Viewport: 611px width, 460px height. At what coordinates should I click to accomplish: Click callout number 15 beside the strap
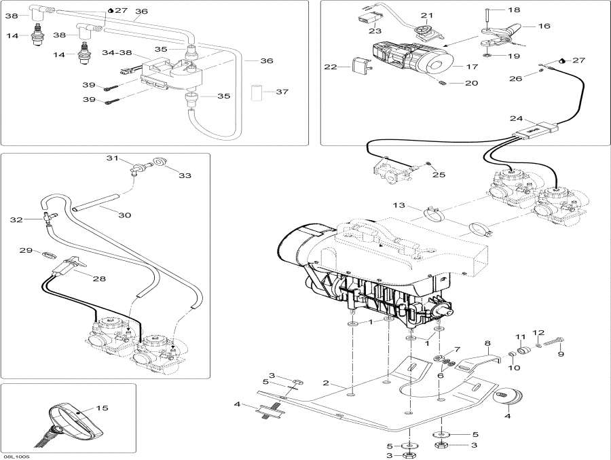point(102,408)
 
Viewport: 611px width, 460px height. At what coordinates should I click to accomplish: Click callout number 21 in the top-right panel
point(426,16)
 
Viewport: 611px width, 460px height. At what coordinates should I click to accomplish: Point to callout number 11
point(520,337)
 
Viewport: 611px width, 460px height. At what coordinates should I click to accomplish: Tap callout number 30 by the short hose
point(124,215)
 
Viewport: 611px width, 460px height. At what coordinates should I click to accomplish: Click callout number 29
point(26,251)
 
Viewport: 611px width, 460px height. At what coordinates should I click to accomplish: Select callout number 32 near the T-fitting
point(16,219)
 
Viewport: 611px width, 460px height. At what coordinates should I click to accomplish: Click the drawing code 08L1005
point(16,456)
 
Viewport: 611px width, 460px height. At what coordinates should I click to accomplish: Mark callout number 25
point(439,175)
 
